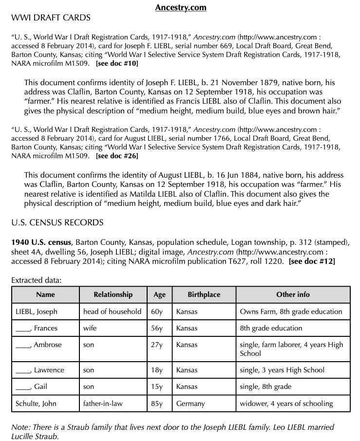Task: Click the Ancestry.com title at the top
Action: click(180, 7)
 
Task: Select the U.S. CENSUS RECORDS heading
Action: click(57, 223)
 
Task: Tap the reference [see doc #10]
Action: click(117, 63)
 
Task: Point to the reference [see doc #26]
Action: click(117, 156)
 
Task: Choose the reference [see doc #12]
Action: click(312, 261)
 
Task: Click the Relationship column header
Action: click(113, 294)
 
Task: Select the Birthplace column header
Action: click(204, 294)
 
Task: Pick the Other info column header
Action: click(293, 294)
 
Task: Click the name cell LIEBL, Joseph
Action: click(37, 312)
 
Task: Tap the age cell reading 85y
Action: click(157, 404)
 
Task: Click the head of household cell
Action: click(112, 312)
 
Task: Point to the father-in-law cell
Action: click(103, 404)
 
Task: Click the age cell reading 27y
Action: click(157, 345)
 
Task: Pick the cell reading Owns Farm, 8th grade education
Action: click(291, 312)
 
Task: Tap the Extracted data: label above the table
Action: click(37, 280)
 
